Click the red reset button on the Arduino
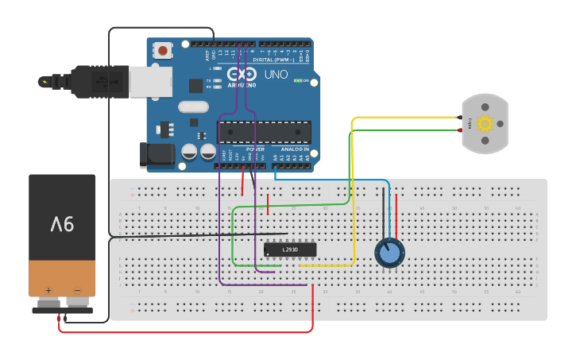point(163,50)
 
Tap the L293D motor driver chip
point(290,250)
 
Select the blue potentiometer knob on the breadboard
point(389,253)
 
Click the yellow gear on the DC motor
point(485,123)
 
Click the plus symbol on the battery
point(48,290)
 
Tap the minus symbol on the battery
point(77,290)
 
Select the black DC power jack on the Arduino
point(156,154)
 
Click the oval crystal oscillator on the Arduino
point(193,107)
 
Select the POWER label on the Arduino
point(254,149)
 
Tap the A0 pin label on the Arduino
point(275,157)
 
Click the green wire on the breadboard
point(232,238)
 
